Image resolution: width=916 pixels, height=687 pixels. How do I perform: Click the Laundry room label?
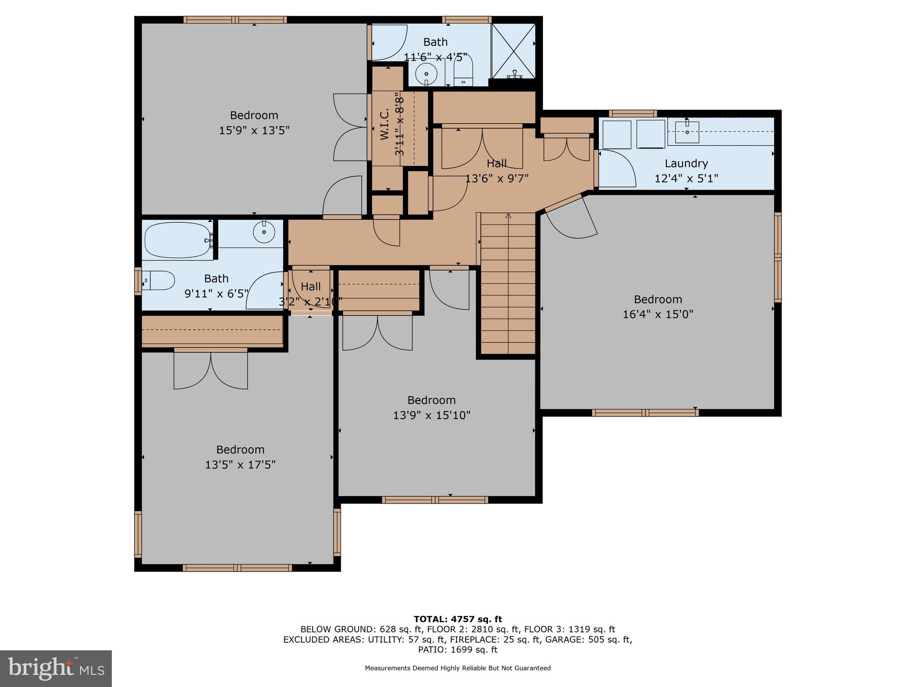click(x=686, y=163)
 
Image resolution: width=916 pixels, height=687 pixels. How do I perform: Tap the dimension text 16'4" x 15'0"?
click(x=658, y=314)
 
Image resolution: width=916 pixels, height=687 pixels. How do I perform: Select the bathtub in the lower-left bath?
click(x=178, y=240)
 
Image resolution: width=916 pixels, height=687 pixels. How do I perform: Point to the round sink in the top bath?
click(x=426, y=73)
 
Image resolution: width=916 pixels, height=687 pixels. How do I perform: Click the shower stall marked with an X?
click(x=513, y=51)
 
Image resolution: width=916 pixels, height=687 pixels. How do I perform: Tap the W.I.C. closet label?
click(x=384, y=124)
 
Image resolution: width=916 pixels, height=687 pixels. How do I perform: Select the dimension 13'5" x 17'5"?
click(x=240, y=465)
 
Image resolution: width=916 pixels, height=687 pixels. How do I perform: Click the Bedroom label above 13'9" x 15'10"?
click(x=431, y=400)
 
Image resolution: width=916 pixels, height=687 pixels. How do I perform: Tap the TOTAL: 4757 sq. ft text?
click(x=458, y=619)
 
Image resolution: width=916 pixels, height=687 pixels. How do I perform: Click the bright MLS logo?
click(x=56, y=668)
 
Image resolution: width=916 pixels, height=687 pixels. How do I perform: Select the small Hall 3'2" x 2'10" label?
click(x=310, y=286)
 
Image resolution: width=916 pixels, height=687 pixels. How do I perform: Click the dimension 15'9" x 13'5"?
click(x=254, y=131)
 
